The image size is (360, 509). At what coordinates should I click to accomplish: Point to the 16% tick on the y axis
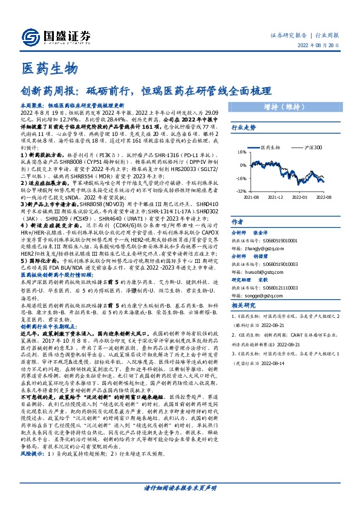(x=242, y=153)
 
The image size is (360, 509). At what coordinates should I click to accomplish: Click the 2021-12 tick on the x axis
(x=275, y=197)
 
